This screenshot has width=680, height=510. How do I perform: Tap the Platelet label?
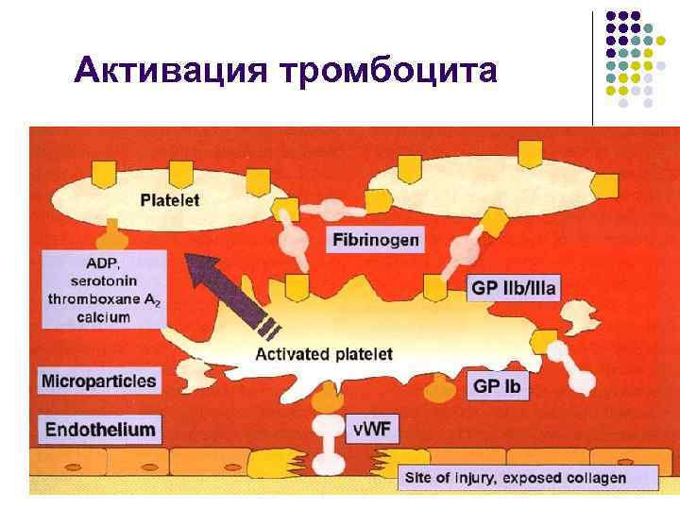(170, 200)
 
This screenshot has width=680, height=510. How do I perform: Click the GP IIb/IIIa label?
(514, 287)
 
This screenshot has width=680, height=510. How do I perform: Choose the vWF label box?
(372, 429)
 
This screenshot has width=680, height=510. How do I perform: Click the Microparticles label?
(99, 382)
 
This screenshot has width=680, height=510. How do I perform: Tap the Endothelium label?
(98, 429)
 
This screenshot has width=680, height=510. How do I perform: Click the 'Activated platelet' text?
(324, 355)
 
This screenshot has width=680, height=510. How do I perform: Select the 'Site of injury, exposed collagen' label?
(515, 478)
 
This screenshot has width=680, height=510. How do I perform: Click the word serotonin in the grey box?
(106, 281)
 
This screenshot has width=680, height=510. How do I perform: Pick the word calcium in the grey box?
(105, 317)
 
